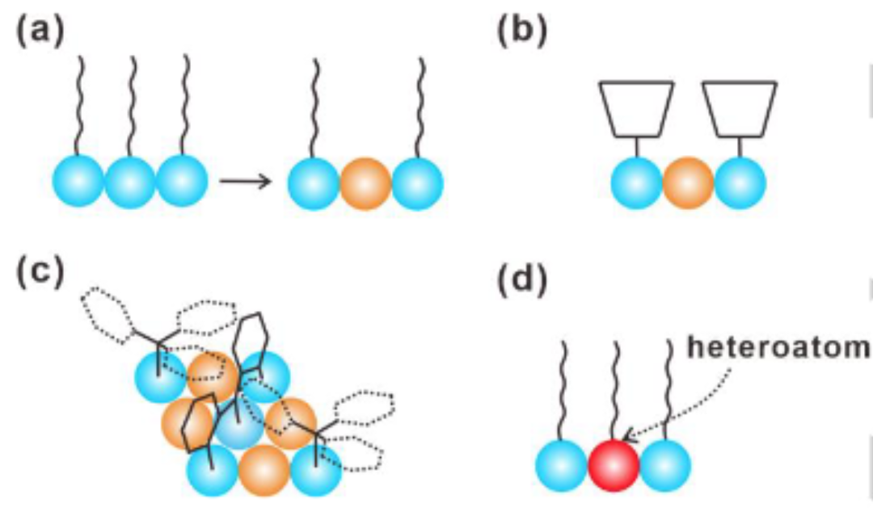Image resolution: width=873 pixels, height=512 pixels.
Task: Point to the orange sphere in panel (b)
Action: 688,183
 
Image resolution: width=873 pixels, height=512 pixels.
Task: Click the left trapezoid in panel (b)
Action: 636,107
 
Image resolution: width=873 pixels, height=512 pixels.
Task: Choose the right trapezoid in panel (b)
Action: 740,107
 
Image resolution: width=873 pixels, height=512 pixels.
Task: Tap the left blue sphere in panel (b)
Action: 637,183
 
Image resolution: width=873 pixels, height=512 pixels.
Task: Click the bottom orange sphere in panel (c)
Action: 264,468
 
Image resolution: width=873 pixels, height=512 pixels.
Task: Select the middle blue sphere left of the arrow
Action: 130,182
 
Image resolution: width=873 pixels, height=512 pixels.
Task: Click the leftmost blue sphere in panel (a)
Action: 78,182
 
